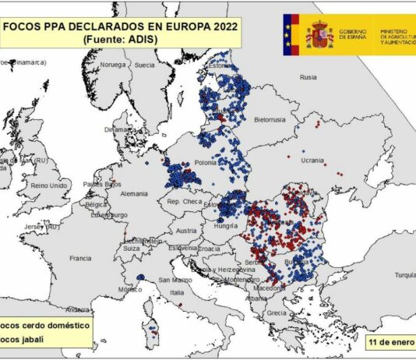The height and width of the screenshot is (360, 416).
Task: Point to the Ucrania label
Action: pos(312,160)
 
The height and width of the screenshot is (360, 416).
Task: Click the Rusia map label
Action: pos(308,77)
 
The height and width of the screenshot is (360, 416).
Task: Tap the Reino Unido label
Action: pos(48,185)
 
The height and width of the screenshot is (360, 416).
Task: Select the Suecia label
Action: pos(145,65)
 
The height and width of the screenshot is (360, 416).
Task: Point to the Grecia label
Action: pos(277,314)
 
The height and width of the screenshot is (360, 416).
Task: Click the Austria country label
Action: pos(187,231)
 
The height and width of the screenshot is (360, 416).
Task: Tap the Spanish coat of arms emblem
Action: pos(319,34)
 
